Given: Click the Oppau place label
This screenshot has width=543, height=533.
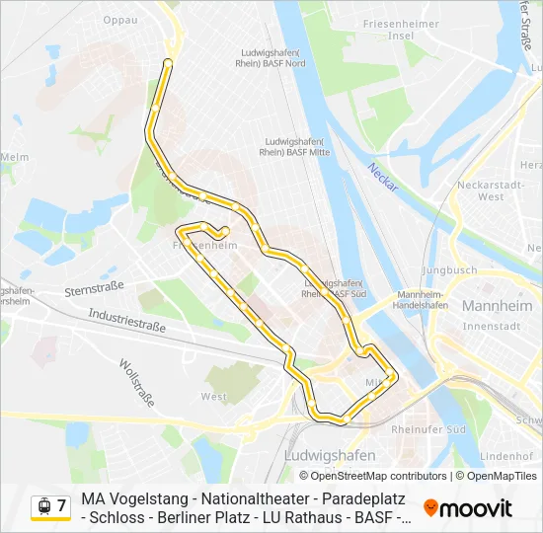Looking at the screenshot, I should click(x=119, y=18).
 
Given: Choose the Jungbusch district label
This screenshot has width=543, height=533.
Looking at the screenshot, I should click(x=448, y=269).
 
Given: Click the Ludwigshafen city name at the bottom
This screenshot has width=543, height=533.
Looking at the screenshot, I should click(x=329, y=455).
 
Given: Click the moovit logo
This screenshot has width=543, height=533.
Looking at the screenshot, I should click(x=467, y=508).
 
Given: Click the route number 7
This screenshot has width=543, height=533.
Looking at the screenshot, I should click(x=61, y=506).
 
